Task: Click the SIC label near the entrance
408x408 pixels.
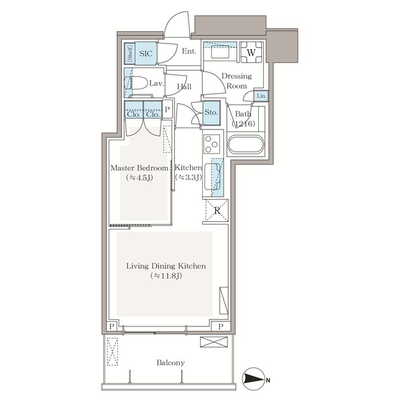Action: pos(145,54)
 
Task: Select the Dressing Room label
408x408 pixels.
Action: pos(237,80)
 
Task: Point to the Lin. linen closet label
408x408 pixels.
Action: pos(262,96)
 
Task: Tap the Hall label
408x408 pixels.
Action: pos(184,87)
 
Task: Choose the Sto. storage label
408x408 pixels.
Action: pos(211,112)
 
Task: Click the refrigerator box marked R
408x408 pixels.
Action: pos(217,210)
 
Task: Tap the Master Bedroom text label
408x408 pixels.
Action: pos(139,168)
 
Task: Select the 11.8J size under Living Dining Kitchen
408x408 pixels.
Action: pos(166,276)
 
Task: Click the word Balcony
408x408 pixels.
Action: pos(170,363)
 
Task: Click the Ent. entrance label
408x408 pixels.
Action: pos(189,52)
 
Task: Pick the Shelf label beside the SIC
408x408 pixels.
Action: pos(129,54)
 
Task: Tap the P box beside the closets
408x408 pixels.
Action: pos(168,108)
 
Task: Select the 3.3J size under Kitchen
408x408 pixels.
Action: pos(189,178)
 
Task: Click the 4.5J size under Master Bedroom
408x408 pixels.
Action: pos(139,178)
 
